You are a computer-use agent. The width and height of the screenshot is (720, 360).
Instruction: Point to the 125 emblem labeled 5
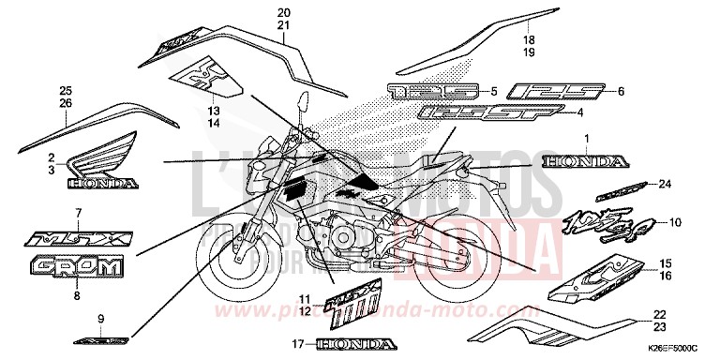(x=433, y=92)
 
